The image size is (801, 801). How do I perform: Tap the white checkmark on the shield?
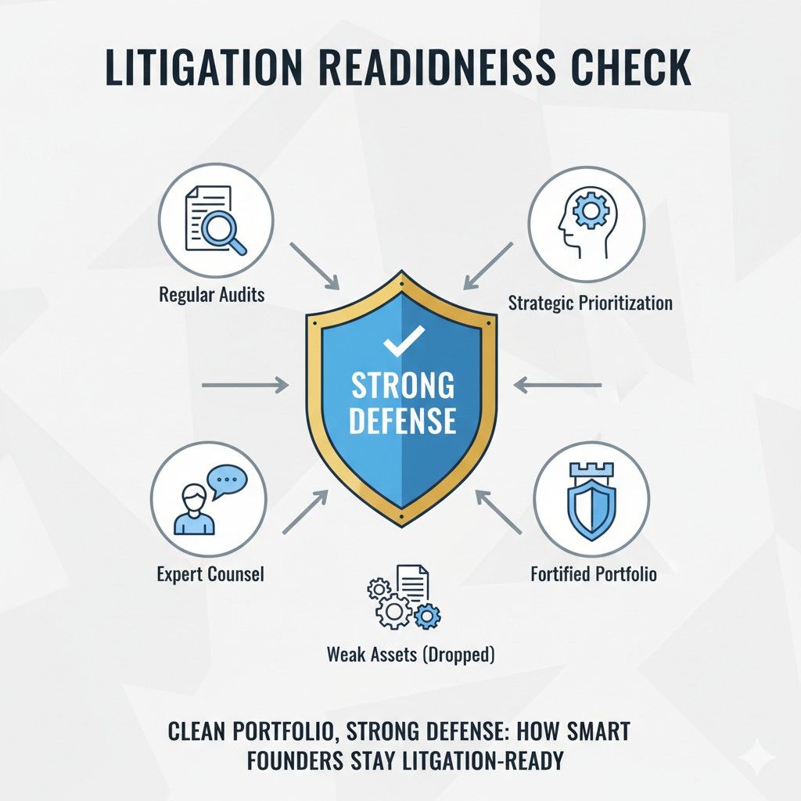pos(404,341)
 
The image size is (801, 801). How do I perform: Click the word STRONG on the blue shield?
pos(403,385)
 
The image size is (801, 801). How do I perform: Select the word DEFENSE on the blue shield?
pos(403,420)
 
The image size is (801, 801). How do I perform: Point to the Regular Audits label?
pos(212,295)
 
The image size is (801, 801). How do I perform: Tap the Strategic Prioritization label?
pos(590,303)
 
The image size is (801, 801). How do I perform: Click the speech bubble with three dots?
pos(227,481)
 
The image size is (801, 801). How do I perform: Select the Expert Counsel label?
pos(210,574)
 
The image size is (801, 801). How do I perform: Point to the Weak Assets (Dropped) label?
pos(411,655)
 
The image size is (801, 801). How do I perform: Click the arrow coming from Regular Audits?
pos(314,267)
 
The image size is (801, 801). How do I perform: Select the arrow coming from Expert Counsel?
pos(306,512)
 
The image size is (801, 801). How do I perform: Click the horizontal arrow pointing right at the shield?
pos(245,385)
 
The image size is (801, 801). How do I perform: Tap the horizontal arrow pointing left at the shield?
pos(557,385)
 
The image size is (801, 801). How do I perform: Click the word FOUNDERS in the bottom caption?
pos(295,760)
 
